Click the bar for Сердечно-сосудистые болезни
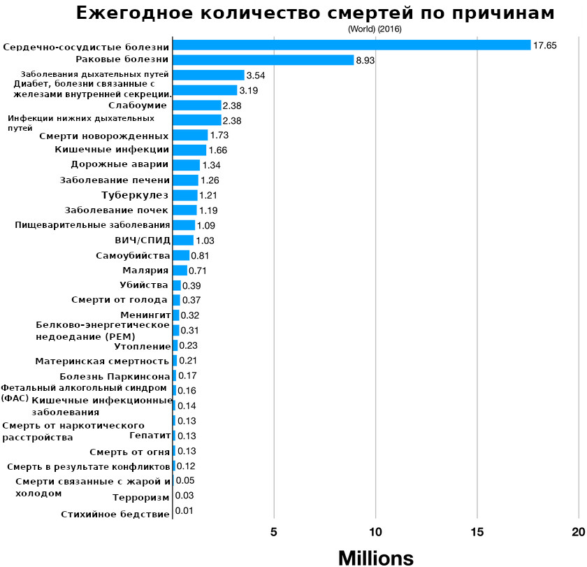click(352, 45)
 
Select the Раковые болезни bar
click(263, 60)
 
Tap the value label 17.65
click(544, 45)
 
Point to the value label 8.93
click(365, 61)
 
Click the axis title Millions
click(376, 557)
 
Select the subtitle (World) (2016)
click(375, 29)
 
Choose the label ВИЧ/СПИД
click(142, 240)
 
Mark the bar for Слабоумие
click(197, 106)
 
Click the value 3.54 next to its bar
click(256, 76)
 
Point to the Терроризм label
click(140, 498)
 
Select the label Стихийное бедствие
click(115, 515)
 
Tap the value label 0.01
click(184, 511)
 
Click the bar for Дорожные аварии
click(186, 165)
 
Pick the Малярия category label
click(145, 270)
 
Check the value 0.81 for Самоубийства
click(200, 256)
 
